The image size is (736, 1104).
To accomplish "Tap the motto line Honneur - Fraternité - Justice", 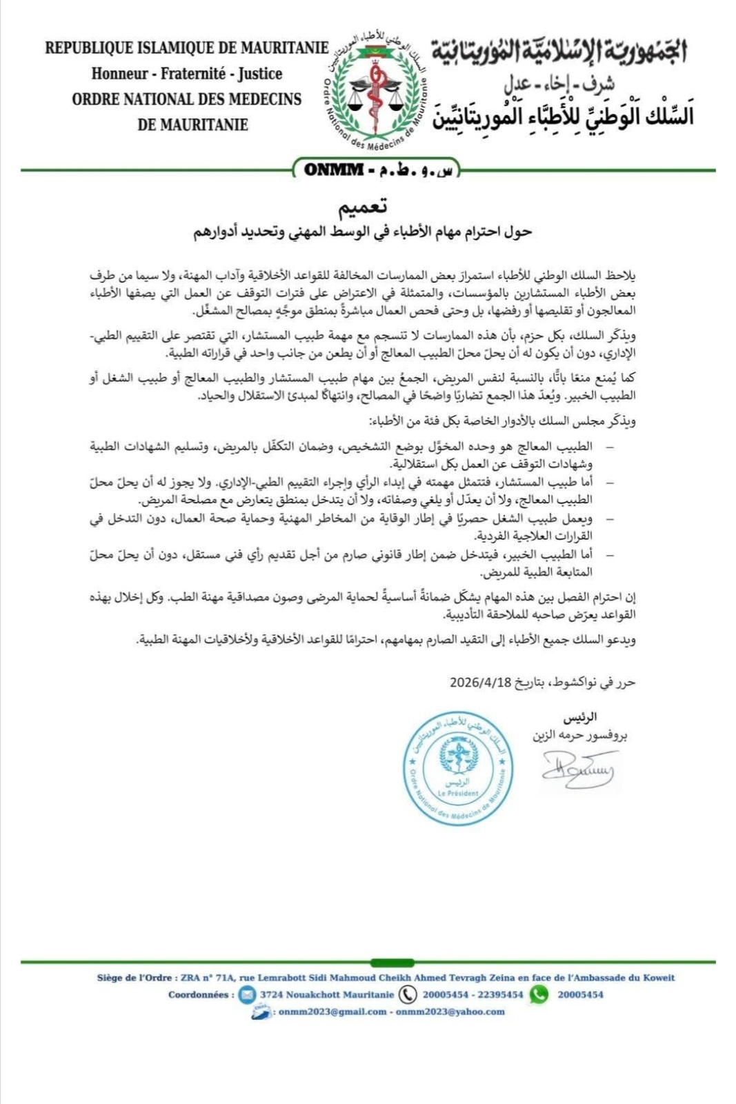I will coord(187,74).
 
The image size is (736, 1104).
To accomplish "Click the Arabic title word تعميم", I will coord(362,207).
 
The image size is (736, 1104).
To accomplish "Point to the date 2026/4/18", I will coord(480,683).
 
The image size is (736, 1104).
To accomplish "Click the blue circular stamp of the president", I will coord(458,767).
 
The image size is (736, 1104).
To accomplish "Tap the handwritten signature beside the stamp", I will coord(578,768).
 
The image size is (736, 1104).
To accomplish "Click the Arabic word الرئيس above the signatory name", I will coord(580,716).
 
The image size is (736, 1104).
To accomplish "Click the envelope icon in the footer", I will coord(247,994).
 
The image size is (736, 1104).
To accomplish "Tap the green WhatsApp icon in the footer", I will coord(539,994).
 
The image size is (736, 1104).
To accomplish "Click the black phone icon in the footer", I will coord(408,994).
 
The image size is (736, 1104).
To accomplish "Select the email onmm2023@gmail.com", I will coord(332,1012).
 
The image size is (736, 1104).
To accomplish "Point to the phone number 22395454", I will coord(499,994).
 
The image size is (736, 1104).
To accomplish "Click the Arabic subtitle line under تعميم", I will coord(362,232).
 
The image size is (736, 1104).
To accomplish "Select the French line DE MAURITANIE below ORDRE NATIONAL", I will coord(192,125).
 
